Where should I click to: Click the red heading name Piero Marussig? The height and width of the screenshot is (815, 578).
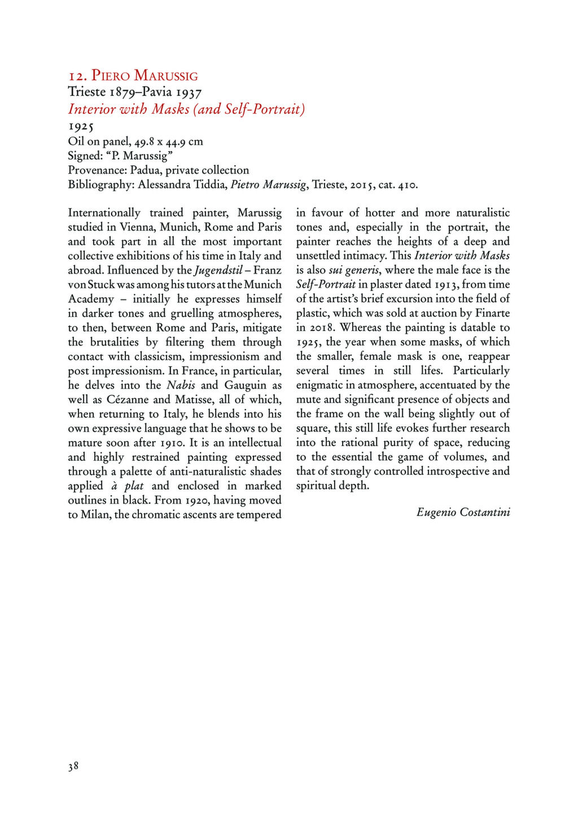pyautogui.click(x=144, y=76)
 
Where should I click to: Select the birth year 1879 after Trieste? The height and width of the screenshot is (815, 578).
pyautogui.click(x=122, y=92)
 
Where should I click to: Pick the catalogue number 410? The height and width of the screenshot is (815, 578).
pyautogui.click(x=407, y=184)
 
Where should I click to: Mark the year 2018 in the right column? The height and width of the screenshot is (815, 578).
pyautogui.click(x=321, y=328)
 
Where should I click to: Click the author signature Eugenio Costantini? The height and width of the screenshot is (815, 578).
pyautogui.click(x=463, y=512)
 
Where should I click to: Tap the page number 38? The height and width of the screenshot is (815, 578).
pyautogui.click(x=73, y=766)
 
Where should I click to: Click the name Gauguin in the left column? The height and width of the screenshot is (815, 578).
pyautogui.click(x=246, y=385)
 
